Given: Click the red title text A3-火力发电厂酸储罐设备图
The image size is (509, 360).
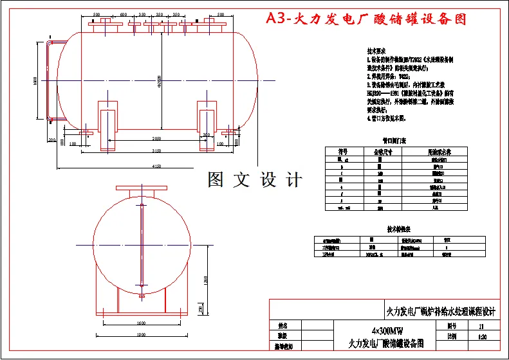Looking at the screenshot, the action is [366, 19].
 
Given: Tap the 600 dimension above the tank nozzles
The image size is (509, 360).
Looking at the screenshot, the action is [123, 14].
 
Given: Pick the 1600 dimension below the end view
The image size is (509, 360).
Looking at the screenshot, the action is [142, 323].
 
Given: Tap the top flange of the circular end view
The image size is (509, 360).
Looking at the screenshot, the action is [142, 189].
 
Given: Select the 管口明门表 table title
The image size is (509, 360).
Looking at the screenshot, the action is [394, 140].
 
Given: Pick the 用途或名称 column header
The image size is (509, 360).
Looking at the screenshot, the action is [440, 152].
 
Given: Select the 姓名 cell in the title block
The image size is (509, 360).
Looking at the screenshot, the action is [281, 326].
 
